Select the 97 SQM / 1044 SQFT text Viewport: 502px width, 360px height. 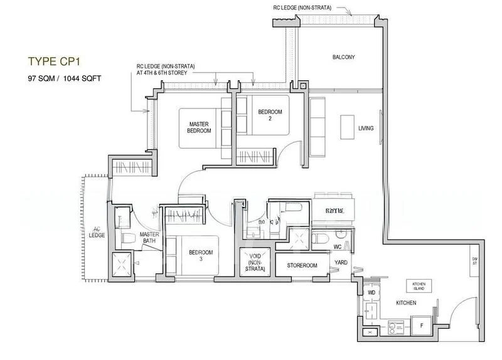tap(64, 79)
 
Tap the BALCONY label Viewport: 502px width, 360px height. tap(343, 58)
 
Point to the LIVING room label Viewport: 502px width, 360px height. tap(366, 129)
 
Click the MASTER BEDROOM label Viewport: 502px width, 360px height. tap(199, 127)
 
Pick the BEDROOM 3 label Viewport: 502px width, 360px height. tap(201, 255)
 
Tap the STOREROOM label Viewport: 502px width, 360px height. tap(302, 266)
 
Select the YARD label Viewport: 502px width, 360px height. tap(341, 263)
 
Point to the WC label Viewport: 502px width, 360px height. tap(338, 247)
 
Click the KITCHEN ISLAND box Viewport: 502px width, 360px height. tap(419, 285)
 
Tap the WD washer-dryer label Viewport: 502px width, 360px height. tap(371, 292)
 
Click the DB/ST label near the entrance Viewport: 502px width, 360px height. tap(476, 262)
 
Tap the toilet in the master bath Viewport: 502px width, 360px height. tap(127, 238)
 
